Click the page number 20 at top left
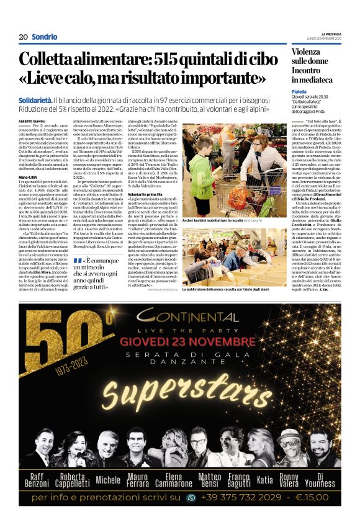[x=24, y=37]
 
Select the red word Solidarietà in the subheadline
[x=35, y=99]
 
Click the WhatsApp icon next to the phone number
[x=191, y=497]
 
